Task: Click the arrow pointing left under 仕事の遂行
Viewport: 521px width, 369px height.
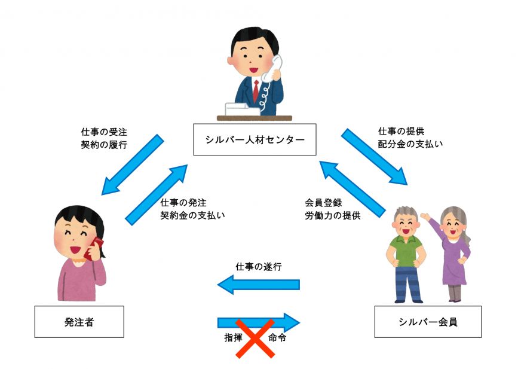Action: click(x=258, y=284)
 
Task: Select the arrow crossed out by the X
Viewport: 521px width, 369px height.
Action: click(x=258, y=323)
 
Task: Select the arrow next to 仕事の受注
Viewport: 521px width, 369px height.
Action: click(x=133, y=164)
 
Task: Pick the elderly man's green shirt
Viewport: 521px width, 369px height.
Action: click(x=407, y=251)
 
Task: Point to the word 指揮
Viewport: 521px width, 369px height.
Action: click(x=233, y=337)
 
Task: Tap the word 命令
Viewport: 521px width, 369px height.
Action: click(x=278, y=337)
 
